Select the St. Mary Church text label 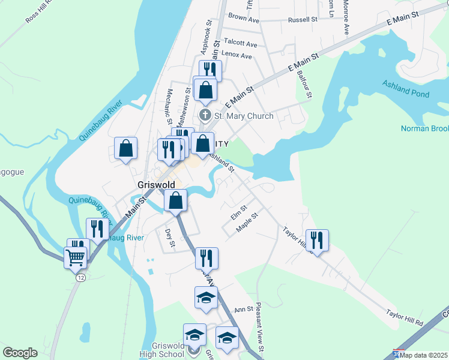point(244,116)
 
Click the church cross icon point(205,115)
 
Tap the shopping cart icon point(76,257)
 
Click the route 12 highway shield point(80,277)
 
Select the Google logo point(20,353)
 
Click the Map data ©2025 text point(424,355)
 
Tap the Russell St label point(303,20)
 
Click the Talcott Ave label point(240,44)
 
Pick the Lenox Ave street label point(237,55)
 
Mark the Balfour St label point(305,85)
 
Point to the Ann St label point(244,309)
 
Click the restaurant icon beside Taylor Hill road point(318,241)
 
